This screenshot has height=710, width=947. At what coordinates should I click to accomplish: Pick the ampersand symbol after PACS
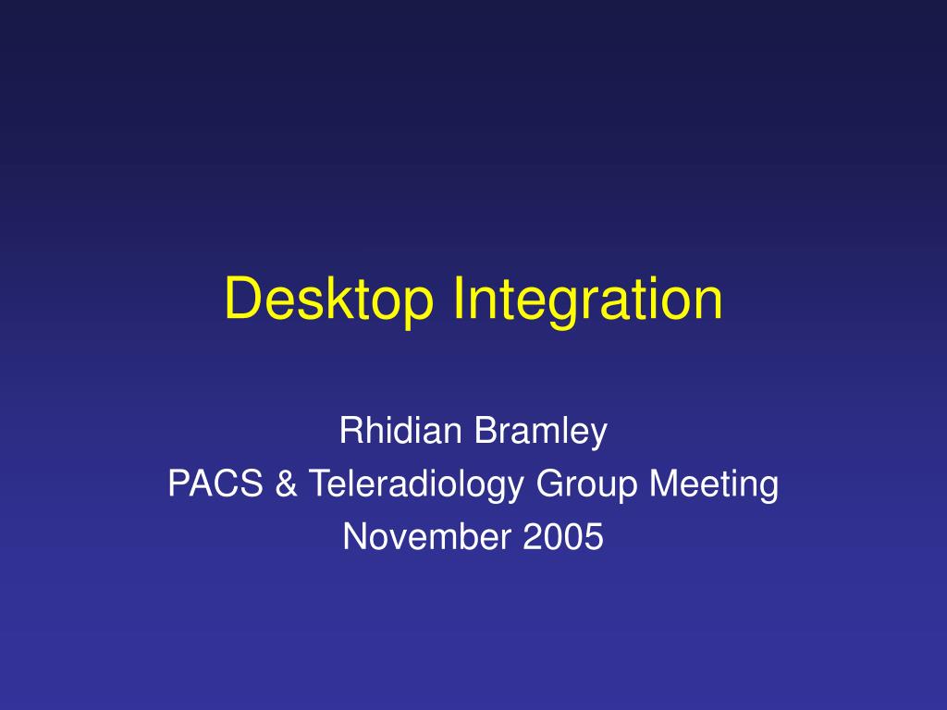pyautogui.click(x=285, y=484)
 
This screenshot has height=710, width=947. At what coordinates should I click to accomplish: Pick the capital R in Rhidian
pyautogui.click(x=351, y=431)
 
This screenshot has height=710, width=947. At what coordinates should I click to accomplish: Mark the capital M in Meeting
pyautogui.click(x=660, y=484)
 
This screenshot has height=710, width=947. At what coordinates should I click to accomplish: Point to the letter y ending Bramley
pyautogui.click(x=598, y=435)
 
